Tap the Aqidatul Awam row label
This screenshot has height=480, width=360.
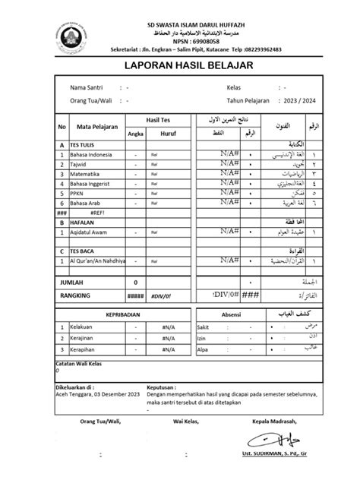[x=90, y=232]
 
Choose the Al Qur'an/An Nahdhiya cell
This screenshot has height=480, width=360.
[x=96, y=261]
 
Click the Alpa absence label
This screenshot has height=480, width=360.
[x=201, y=349]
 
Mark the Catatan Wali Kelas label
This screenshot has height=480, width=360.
[x=82, y=364]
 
